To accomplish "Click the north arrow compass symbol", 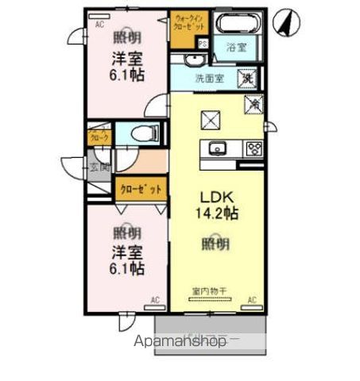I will [284, 23].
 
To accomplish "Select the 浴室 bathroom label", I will [235, 48].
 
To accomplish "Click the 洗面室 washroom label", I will [210, 79].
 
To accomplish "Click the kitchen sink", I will [219, 148].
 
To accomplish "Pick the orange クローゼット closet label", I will [141, 189].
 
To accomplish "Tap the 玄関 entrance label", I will [99, 167].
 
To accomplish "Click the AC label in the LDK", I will [252, 299].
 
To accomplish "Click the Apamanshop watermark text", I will [191, 341].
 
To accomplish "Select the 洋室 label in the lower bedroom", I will [126, 252].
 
